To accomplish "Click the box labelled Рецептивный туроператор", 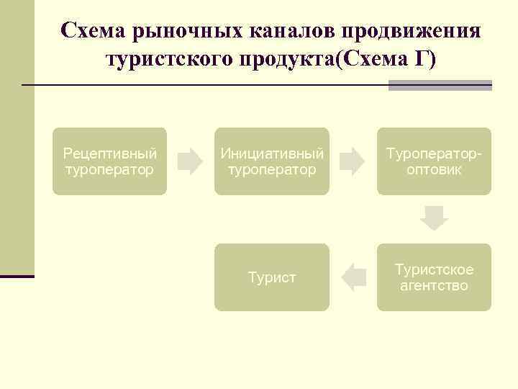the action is tap(109, 161).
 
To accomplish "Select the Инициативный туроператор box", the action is tap(271, 161).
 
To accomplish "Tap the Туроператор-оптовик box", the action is tap(434, 161).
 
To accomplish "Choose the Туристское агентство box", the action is tap(434, 277).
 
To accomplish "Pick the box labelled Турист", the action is tap(271, 277).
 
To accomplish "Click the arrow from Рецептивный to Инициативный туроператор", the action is tap(190, 161).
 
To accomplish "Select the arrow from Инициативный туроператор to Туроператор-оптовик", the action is tap(353, 161).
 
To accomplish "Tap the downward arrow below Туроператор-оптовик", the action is tap(434, 218).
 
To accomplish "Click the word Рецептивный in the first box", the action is tap(109, 153).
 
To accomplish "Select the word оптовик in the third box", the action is tap(434, 170).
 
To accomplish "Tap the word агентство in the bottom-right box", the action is tap(434, 286).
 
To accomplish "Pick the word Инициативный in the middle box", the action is tap(271, 153).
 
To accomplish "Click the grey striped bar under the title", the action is tap(440, 85).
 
